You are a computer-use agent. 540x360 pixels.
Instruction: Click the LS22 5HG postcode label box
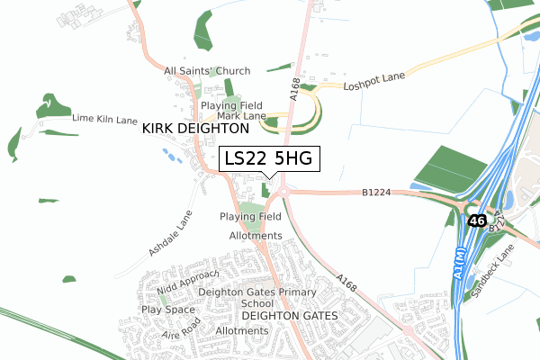pyautogui.click(x=268, y=158)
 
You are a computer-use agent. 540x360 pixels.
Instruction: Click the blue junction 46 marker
pyautogui.click(x=476, y=220)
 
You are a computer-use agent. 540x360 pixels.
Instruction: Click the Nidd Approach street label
pyautogui.click(x=188, y=283)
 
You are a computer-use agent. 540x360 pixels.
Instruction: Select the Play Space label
pyautogui.click(x=167, y=310)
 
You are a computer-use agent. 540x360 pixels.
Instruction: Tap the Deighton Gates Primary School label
pyautogui.click(x=282, y=298)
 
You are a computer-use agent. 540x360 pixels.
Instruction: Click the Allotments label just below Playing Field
pyautogui.click(x=256, y=236)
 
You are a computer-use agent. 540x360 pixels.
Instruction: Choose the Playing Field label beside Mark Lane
pyautogui.click(x=231, y=105)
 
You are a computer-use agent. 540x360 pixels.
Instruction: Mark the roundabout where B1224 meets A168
pyautogui.click(x=282, y=191)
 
